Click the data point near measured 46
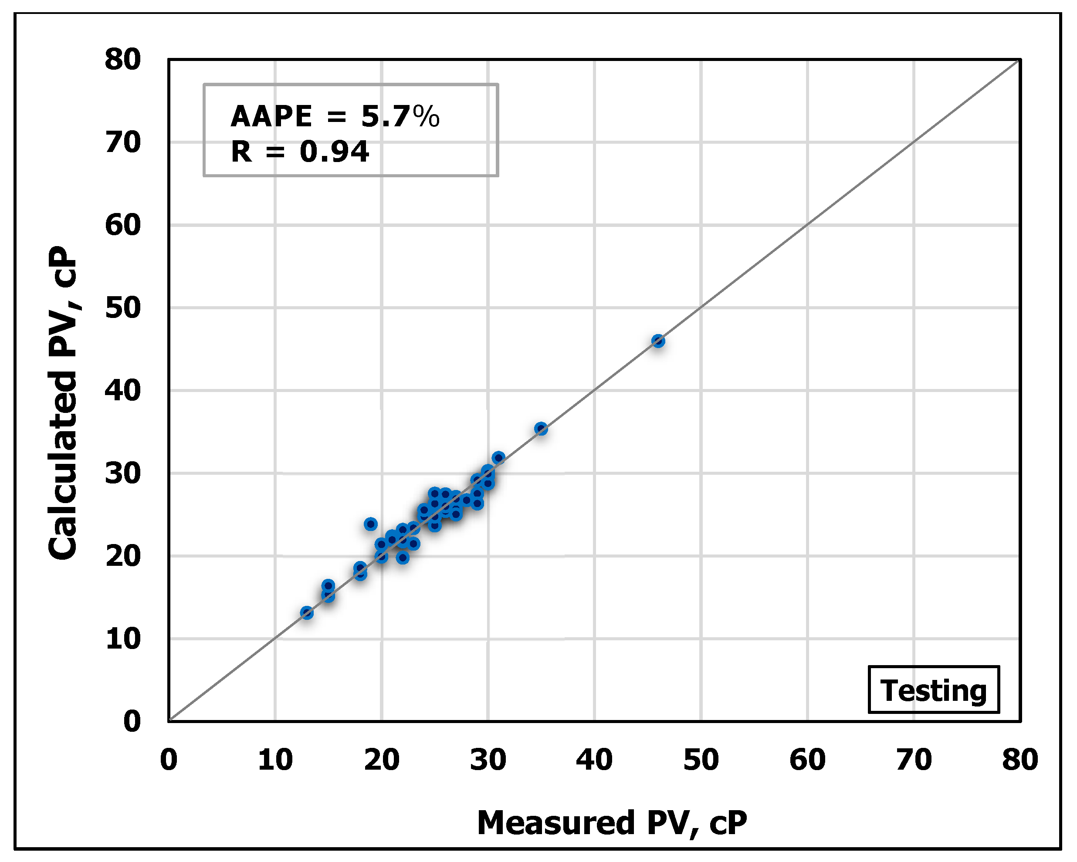658,341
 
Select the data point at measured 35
541,429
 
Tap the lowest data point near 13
307,613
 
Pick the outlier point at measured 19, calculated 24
370,524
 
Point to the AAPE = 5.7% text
335,116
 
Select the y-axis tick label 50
123,308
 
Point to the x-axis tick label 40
594,760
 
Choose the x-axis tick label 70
914,760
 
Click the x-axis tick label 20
381,760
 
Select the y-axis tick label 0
132,721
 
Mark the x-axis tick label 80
1020,760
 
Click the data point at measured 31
498,457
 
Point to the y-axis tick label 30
123,473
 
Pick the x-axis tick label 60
807,760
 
